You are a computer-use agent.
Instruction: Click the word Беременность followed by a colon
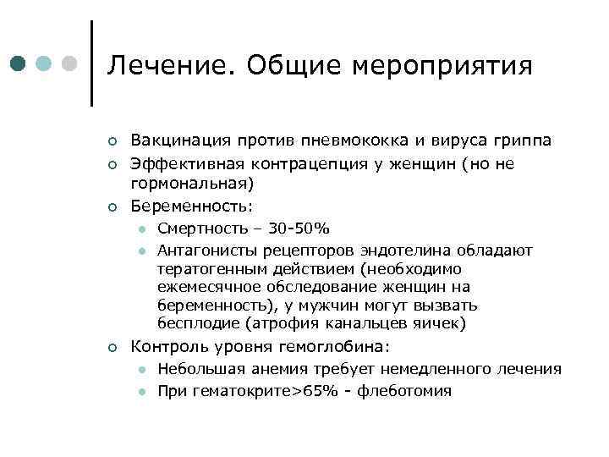tap(190, 206)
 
